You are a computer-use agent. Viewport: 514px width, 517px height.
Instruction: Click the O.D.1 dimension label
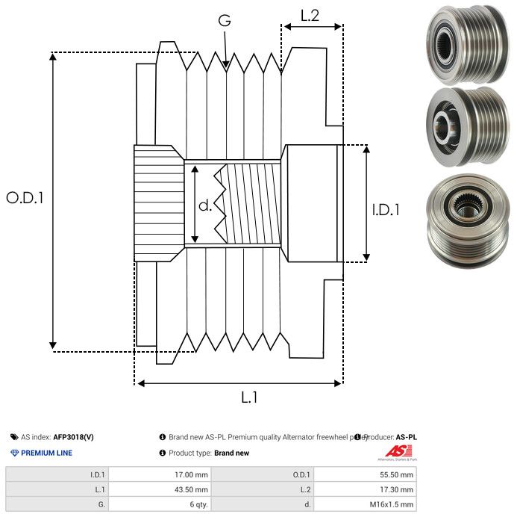click(x=25, y=198)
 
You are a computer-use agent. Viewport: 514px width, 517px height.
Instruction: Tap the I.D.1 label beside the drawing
click(x=386, y=211)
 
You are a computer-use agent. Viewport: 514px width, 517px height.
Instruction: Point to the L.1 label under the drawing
click(x=249, y=397)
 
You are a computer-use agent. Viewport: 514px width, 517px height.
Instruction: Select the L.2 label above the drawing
click(x=310, y=15)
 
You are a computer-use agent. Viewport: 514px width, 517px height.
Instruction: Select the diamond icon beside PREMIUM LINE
click(x=14, y=453)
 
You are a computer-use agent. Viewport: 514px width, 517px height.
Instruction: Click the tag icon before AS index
click(x=14, y=437)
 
